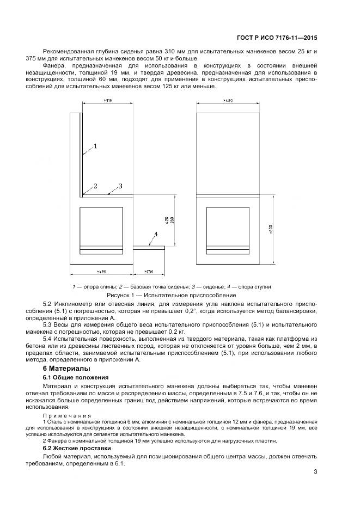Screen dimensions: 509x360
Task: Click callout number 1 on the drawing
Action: coord(95,146)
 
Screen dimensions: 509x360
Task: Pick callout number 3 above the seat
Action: coord(120,186)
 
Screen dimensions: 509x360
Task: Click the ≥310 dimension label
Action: coord(107,101)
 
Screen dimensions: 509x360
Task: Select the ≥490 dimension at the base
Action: coord(101,271)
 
